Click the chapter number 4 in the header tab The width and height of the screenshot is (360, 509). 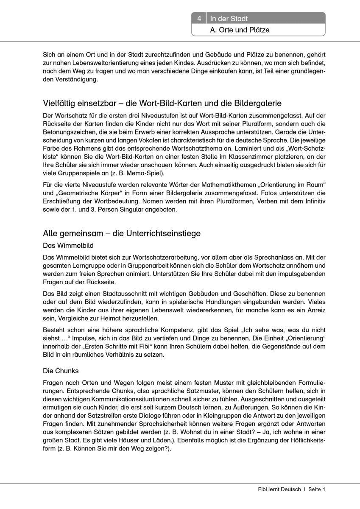[198, 19]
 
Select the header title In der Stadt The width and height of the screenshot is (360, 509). [229, 19]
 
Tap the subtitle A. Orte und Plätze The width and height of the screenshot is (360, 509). [240, 30]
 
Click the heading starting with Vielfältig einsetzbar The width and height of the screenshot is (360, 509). [162, 103]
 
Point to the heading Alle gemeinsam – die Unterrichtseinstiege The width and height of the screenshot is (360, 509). [122, 233]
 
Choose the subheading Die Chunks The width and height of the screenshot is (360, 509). [61, 371]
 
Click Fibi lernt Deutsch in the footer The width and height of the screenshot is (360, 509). [279, 489]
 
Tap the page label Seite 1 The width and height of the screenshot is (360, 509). [316, 489]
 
